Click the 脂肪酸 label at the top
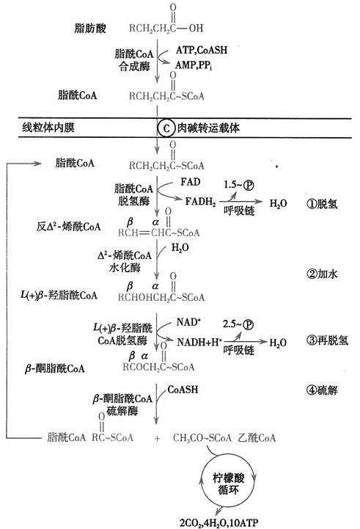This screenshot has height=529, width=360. coord(90,28)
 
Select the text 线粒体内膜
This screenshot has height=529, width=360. coord(48,128)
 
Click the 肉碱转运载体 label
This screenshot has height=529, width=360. coord(209,128)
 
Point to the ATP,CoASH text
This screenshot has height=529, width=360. coord(202,50)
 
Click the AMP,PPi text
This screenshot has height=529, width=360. coord(194,65)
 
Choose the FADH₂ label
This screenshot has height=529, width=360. coord(201,202)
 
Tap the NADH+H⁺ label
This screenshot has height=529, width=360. coord(199,342)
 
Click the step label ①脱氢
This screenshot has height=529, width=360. coord(322,203)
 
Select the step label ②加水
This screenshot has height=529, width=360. coord(322,274)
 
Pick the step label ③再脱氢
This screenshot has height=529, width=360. coord(327,340)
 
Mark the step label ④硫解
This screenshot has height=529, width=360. coord(322,390)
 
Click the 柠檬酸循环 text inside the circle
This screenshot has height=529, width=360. coord(228,484)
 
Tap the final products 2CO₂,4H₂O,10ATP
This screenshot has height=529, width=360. coord(218,522)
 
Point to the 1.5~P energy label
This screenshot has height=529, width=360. coord(239,185)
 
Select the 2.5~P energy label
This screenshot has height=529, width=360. coord(238,324)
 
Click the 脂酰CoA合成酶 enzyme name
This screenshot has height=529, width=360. coord(134,59)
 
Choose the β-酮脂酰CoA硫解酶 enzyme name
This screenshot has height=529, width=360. coord(122,404)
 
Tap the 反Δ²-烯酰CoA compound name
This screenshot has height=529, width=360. coord(68,227)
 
